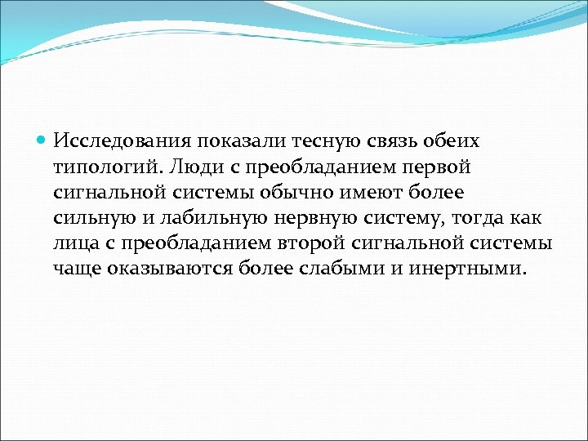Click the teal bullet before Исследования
click(x=42, y=140)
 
